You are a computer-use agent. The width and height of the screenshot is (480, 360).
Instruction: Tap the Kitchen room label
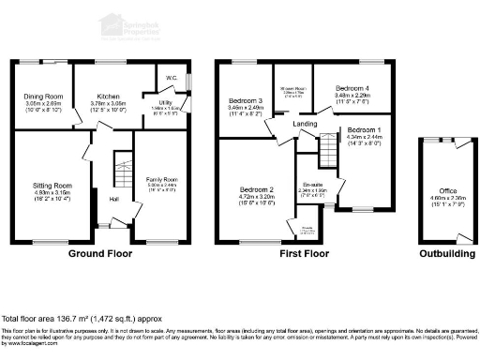105,97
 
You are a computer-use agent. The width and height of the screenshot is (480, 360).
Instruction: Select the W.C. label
172,78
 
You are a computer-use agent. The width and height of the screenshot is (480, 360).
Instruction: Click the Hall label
112,200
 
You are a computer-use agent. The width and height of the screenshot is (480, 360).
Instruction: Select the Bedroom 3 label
244,100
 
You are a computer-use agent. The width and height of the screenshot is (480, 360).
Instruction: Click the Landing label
304,124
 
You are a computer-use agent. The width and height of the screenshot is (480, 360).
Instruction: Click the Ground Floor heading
99,253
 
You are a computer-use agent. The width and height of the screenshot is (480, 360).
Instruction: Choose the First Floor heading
305,253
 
